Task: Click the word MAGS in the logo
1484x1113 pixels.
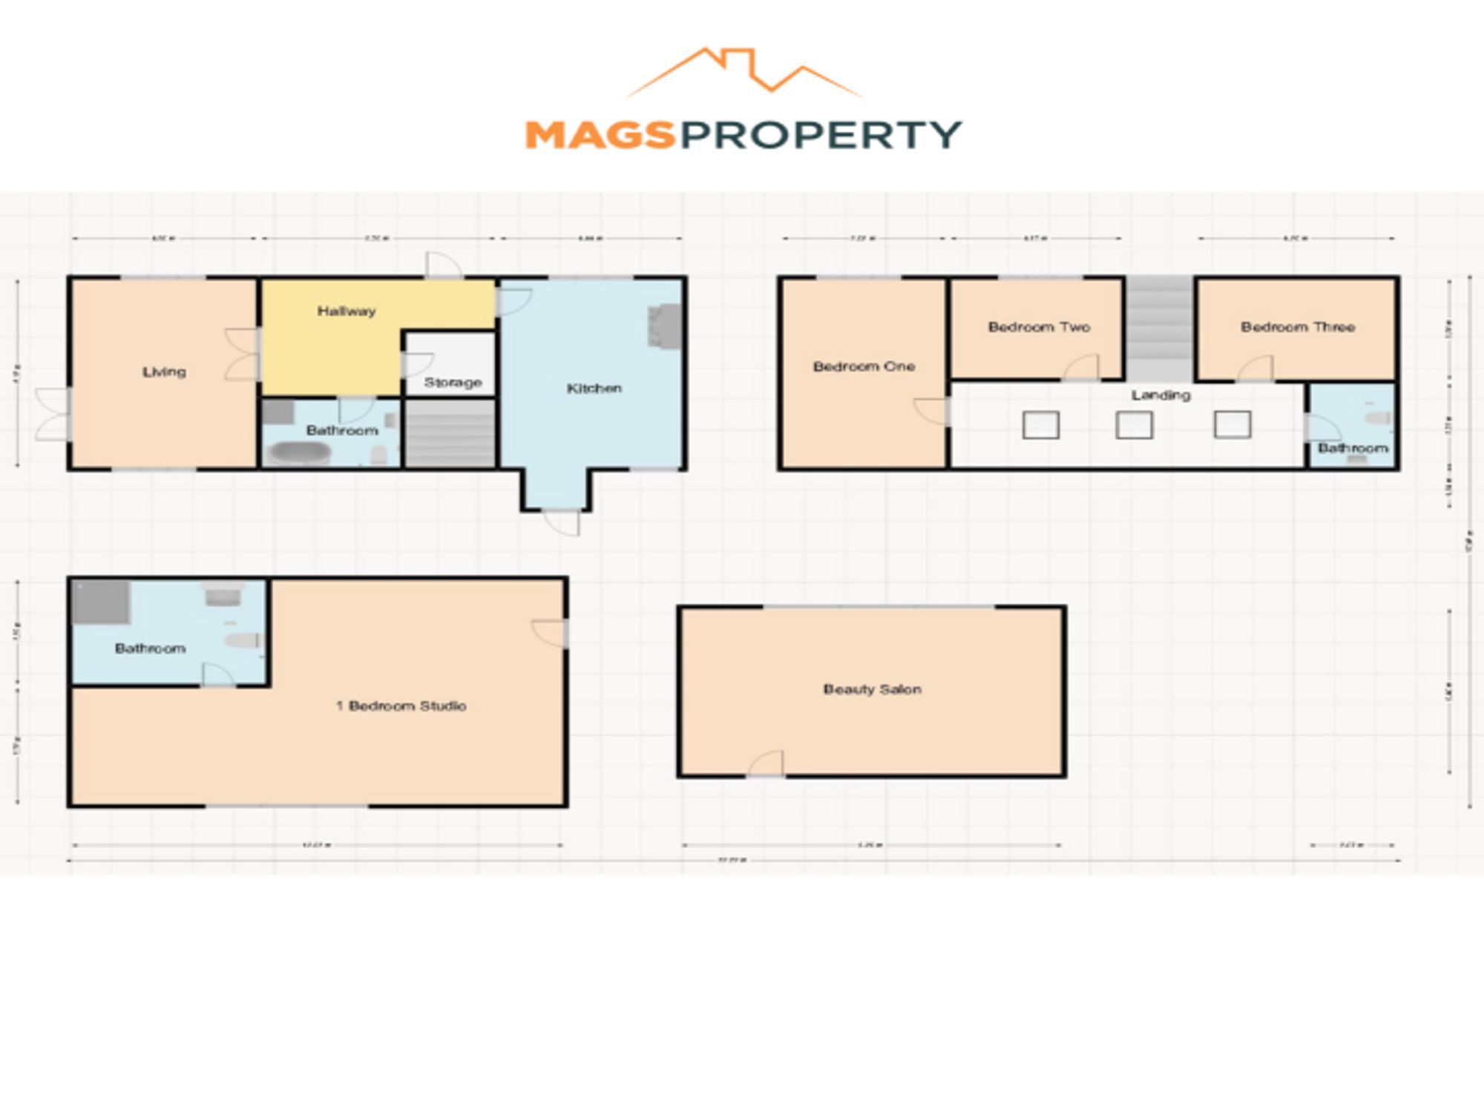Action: click(x=600, y=136)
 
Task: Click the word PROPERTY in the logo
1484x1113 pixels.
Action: click(x=821, y=136)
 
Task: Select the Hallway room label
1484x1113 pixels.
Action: click(x=347, y=311)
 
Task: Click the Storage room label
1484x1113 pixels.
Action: click(x=453, y=382)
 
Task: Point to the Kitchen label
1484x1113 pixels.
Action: click(x=594, y=388)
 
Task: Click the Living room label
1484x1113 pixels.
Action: click(x=164, y=372)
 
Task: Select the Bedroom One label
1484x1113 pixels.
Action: click(x=864, y=366)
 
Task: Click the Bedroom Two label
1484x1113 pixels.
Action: click(x=1039, y=326)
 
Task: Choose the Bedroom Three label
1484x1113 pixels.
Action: click(x=1298, y=326)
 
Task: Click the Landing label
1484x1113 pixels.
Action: click(x=1160, y=395)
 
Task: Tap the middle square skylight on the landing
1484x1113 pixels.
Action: click(x=1134, y=425)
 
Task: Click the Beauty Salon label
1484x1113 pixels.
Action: click(x=872, y=689)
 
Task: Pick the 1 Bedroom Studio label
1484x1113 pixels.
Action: click(x=401, y=706)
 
